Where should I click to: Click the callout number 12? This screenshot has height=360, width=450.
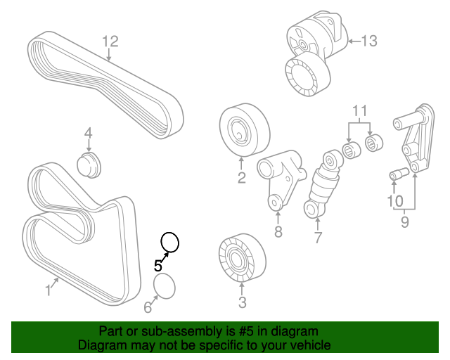(110, 42)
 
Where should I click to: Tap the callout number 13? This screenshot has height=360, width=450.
(369, 41)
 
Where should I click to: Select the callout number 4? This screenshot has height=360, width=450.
(89, 133)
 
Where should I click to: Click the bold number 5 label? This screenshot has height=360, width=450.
(159, 266)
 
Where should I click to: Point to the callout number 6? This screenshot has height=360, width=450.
(148, 307)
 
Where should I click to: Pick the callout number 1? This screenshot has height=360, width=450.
(49, 289)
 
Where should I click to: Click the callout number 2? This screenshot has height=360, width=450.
(241, 179)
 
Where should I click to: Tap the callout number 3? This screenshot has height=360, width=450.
(242, 303)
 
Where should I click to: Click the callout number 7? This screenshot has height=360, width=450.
(318, 238)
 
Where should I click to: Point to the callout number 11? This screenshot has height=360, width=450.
(360, 110)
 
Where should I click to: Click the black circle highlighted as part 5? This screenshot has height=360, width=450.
(170, 243)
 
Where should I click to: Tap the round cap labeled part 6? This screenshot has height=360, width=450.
(165, 288)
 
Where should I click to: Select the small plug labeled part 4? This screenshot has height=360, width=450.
(89, 165)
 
